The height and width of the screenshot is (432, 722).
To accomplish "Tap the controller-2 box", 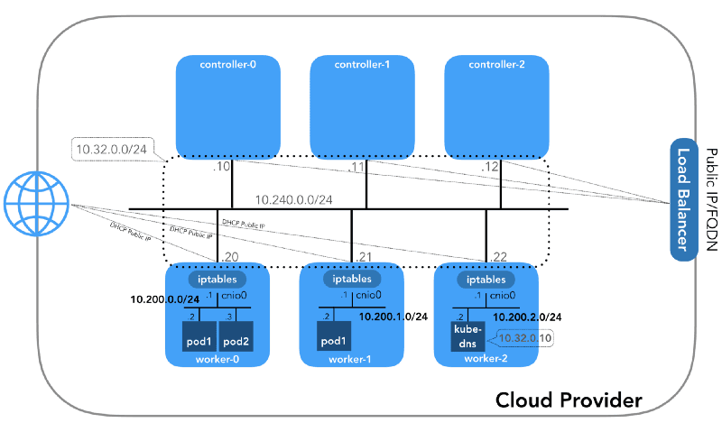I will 496,106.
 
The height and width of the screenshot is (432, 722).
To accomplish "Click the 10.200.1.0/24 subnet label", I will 393,317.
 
